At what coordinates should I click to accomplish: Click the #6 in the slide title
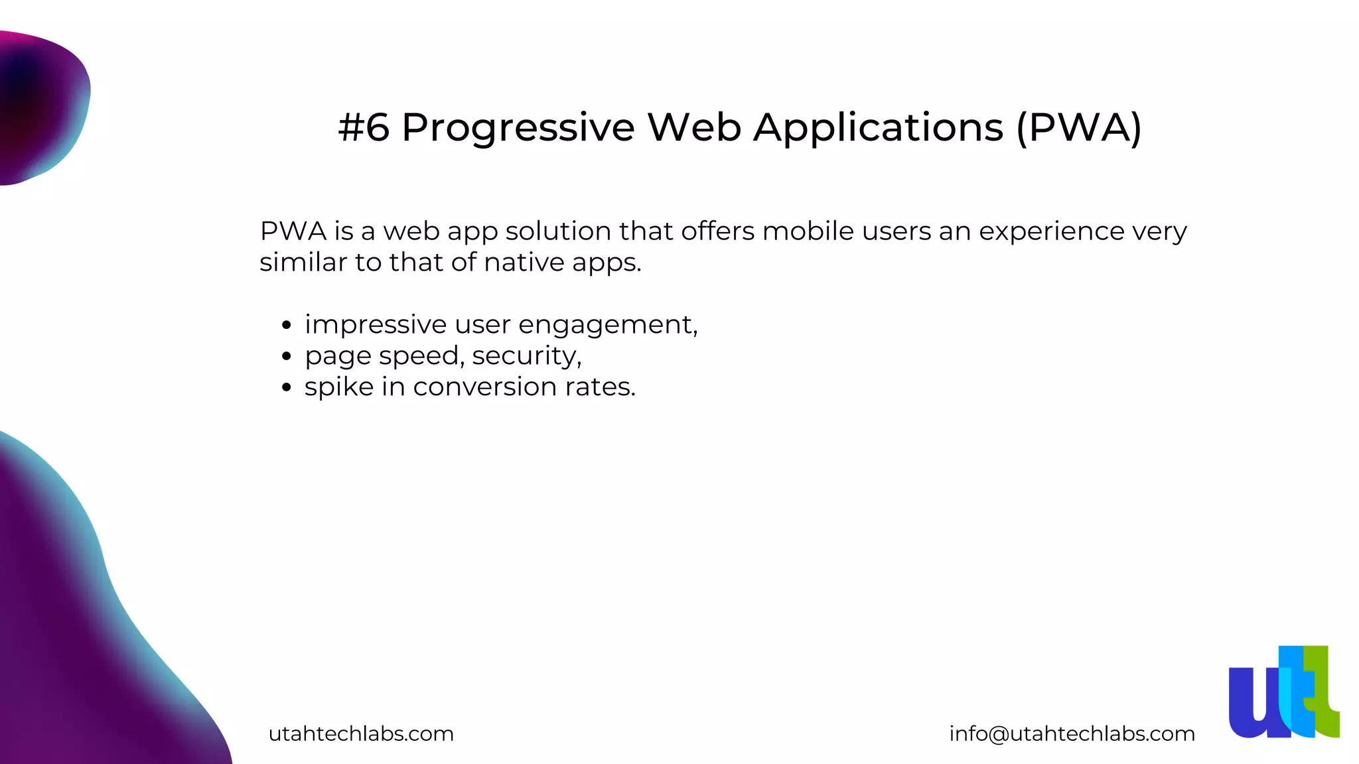[363, 127]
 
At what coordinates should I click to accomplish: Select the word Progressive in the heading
[518, 128]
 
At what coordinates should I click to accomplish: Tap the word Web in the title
[694, 127]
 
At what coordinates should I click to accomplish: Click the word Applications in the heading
[878, 128]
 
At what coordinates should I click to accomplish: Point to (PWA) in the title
[1079, 127]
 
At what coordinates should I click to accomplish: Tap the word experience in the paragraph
[1051, 232]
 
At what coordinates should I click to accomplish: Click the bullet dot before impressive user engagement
[287, 326]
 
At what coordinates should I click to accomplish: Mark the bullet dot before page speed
[287, 357]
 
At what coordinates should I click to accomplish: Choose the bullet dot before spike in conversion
[287, 388]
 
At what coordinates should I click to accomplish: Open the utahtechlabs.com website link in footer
[361, 733]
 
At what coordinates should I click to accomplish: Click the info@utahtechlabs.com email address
[1072, 733]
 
